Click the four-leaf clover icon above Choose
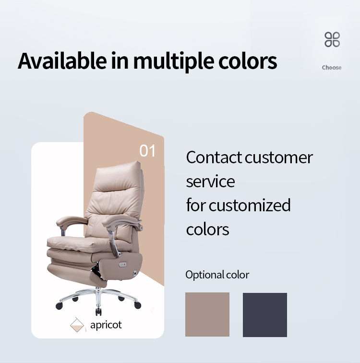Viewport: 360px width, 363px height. pos(332,39)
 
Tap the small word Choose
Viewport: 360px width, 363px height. pos(332,68)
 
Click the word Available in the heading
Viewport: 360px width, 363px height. pos(62,61)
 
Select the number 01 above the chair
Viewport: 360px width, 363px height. pos(147,151)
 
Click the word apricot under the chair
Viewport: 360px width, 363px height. pos(106,325)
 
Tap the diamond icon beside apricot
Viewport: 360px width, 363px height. pos(77,325)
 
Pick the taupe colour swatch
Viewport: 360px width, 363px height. pos(207,315)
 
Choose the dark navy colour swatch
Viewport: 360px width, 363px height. pos(265,315)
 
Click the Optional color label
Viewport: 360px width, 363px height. pos(217,275)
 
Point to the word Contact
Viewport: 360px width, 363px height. pos(214,157)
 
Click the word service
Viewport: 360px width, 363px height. pos(211,181)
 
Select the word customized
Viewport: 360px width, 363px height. pos(250,205)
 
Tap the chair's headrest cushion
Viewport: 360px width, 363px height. pos(118,175)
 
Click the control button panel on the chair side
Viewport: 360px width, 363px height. pos(122,265)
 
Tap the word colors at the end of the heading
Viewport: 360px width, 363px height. pos(248,61)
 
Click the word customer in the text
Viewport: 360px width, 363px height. pos(279,158)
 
